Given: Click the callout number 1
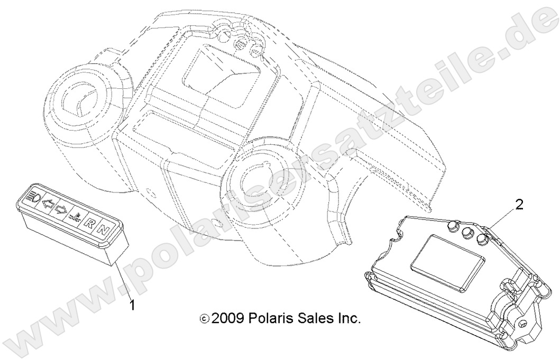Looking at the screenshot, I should point(133,304).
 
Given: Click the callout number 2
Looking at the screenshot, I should point(519,205).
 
